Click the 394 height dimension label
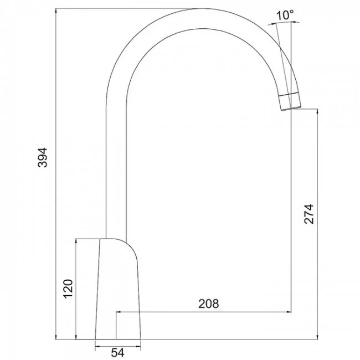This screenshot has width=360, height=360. [x=43, y=157]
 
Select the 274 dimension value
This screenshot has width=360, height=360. [x=308, y=214]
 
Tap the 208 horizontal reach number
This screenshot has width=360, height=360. [x=208, y=304]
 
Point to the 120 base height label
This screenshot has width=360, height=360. [x=68, y=289]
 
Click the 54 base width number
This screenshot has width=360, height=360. [x=117, y=353]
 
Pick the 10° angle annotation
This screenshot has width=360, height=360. [x=285, y=15]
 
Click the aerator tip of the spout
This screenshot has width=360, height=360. [x=290, y=102]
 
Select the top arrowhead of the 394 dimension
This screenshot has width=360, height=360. [x=56, y=11]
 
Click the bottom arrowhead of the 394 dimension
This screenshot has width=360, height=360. [x=56, y=337]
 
